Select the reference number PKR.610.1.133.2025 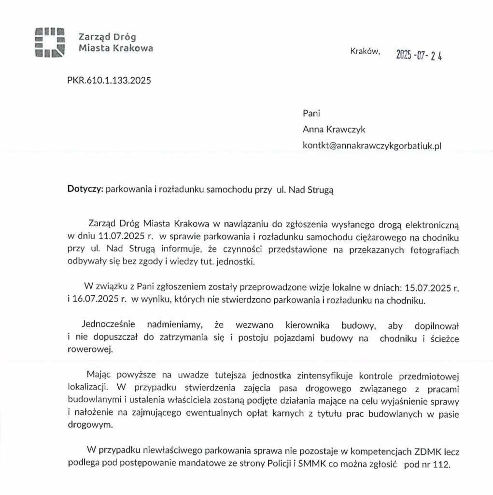[109, 81]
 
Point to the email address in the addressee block [372, 145]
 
